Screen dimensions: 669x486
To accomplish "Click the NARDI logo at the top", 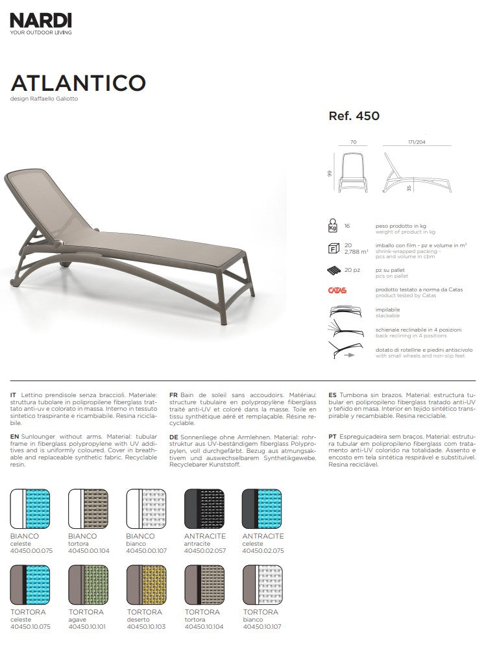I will (x=41, y=21).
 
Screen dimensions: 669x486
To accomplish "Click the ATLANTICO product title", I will (x=78, y=82).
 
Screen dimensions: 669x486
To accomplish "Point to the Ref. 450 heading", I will (x=354, y=117).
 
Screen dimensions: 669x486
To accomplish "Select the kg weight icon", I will (x=333, y=226).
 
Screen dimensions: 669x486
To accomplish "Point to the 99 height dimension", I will (x=330, y=173).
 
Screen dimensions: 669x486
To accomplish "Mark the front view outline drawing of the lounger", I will (x=354, y=172).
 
